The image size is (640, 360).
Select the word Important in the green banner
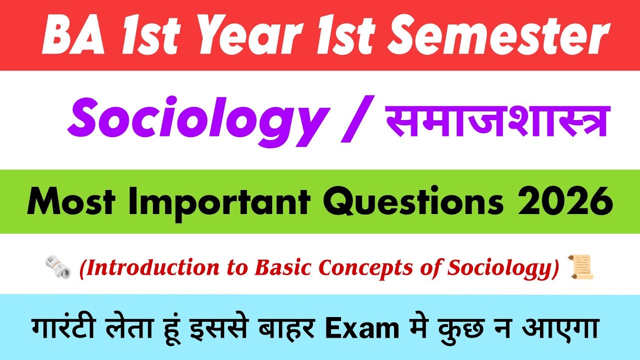(229, 202)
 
